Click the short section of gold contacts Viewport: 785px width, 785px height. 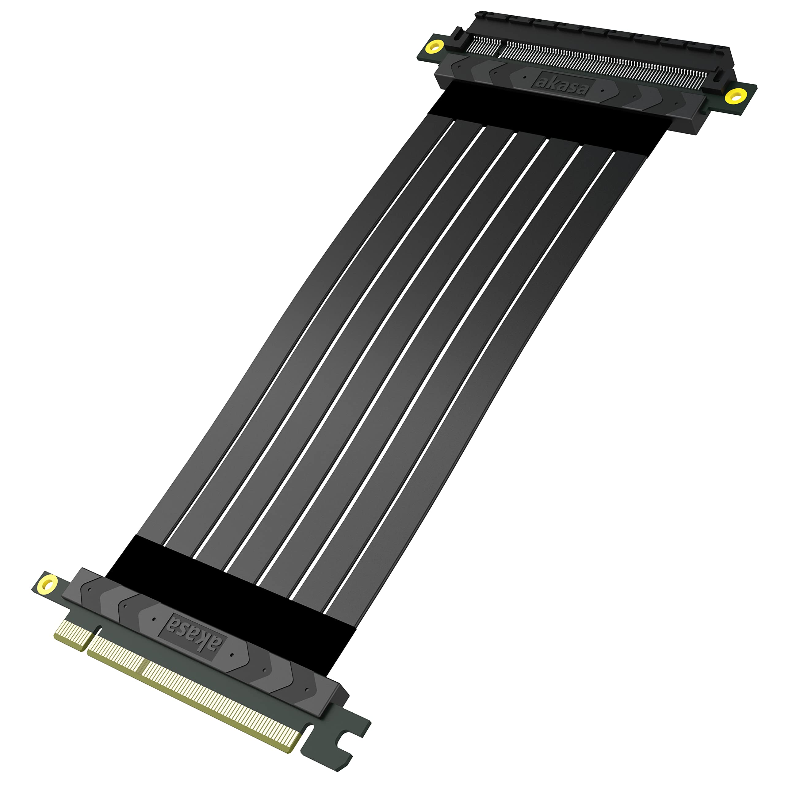click(74, 633)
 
